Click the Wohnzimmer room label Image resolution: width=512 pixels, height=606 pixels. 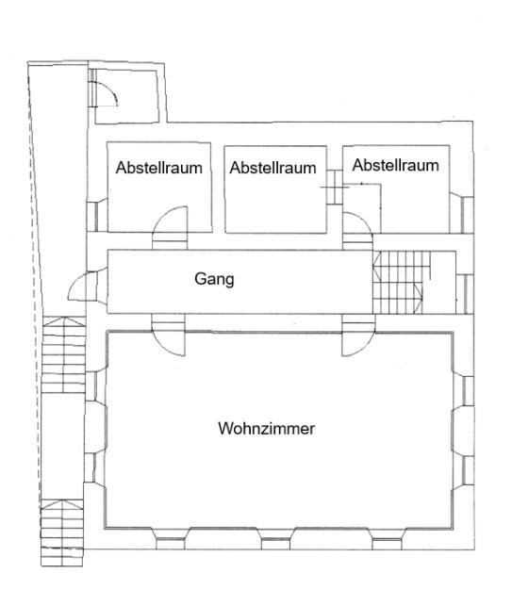pos(267,428)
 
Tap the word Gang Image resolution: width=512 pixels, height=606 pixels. pos(214,279)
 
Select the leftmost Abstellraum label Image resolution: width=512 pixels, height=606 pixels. pos(159,168)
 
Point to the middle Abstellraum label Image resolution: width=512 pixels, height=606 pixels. pos(273,168)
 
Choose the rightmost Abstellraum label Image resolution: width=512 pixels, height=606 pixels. pos(395,165)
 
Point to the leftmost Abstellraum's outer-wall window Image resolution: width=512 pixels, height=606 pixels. pos(97,216)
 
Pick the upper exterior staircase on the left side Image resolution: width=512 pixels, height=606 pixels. pos(63,354)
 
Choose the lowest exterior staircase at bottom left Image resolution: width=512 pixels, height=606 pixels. pos(62,532)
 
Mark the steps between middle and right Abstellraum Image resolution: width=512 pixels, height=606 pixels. pos(335,187)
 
